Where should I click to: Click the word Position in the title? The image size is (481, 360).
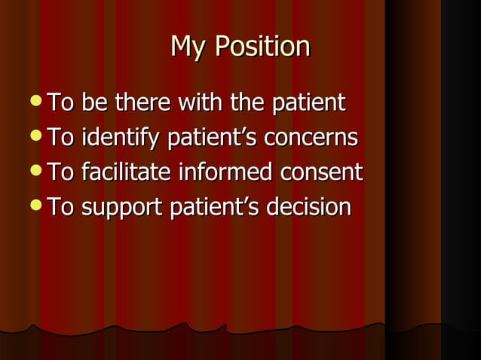pyautogui.click(x=262, y=47)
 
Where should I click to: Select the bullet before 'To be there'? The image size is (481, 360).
pyautogui.click(x=38, y=102)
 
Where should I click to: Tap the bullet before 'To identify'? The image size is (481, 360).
pyautogui.click(x=38, y=138)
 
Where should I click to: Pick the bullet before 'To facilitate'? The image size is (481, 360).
pyautogui.click(x=38, y=172)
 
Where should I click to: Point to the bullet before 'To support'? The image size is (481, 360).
pyautogui.click(x=38, y=207)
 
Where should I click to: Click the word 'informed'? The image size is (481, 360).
pyautogui.click(x=224, y=172)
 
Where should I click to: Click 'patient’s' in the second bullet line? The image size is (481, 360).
pyautogui.click(x=207, y=138)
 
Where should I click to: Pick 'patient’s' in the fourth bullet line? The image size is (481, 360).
pyautogui.click(x=209, y=207)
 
